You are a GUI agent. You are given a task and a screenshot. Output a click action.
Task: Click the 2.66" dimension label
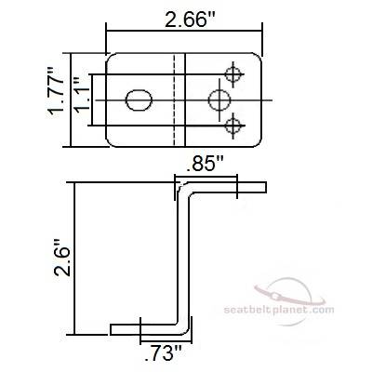(x=190, y=20)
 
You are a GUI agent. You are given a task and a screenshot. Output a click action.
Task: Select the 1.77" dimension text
(x=56, y=91)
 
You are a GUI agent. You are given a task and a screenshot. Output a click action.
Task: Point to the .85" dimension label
(x=206, y=165)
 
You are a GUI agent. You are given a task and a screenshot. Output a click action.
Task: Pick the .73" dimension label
(x=163, y=353)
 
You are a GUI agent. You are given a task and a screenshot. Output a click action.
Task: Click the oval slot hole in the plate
(x=139, y=100)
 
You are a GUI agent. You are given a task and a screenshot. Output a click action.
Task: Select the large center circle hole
(x=219, y=100)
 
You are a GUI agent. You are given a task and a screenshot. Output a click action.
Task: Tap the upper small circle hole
(x=233, y=74)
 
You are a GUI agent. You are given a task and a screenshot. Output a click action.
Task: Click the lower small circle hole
(x=233, y=126)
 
